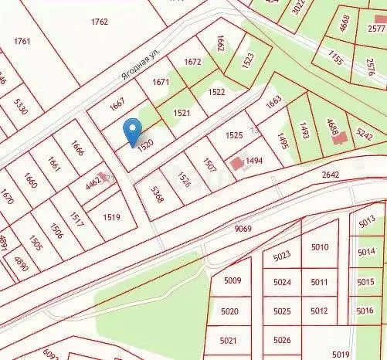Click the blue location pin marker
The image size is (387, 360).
click(x=133, y=131)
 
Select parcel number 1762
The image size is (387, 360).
click(x=99, y=22)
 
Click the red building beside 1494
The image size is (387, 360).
click(x=236, y=164)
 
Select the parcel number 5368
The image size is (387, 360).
click(x=158, y=194)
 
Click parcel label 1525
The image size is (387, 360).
click(x=234, y=136)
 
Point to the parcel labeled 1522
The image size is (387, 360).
click(x=217, y=92)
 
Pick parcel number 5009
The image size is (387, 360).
click(x=232, y=281)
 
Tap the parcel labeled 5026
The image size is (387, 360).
click(x=282, y=340)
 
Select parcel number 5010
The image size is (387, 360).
click(x=319, y=247)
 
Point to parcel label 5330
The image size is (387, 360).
click(x=20, y=106)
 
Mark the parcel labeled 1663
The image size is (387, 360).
click(x=274, y=101)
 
